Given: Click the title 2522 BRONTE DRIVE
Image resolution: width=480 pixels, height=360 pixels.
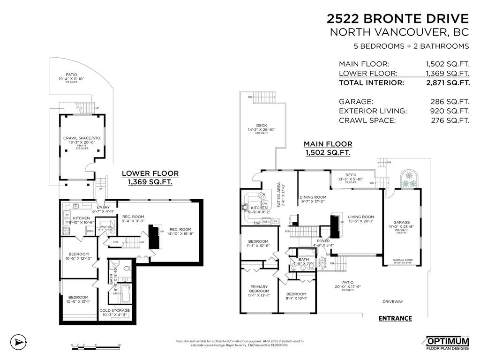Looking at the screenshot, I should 397,18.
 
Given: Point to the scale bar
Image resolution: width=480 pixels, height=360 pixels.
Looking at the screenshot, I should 97,345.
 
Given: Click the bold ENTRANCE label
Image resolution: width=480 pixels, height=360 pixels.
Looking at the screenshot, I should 395,319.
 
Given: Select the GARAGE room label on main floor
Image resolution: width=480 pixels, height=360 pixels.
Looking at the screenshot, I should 401,223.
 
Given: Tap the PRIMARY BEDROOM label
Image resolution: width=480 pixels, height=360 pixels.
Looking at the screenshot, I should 259,289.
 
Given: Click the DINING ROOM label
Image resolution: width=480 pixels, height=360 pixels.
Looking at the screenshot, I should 313,197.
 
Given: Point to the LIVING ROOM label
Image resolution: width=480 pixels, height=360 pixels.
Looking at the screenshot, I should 360,217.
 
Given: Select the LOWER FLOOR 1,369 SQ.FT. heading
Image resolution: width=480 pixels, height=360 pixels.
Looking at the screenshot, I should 150,177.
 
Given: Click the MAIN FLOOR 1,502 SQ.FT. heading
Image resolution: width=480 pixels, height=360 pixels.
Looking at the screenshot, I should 328,148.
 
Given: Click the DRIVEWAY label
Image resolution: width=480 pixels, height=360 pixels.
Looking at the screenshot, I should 392,301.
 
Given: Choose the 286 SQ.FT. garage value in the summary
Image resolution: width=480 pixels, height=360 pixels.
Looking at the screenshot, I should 450,101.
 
